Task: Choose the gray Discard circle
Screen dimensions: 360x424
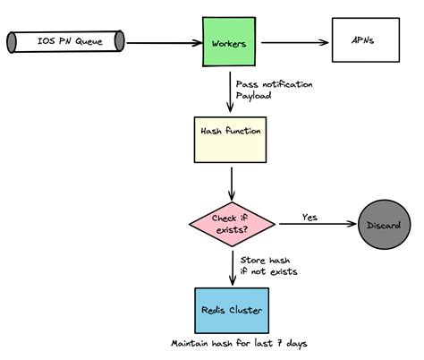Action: (386, 221)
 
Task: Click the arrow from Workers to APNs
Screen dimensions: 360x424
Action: (294, 42)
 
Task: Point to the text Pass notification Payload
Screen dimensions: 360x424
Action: (274, 89)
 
